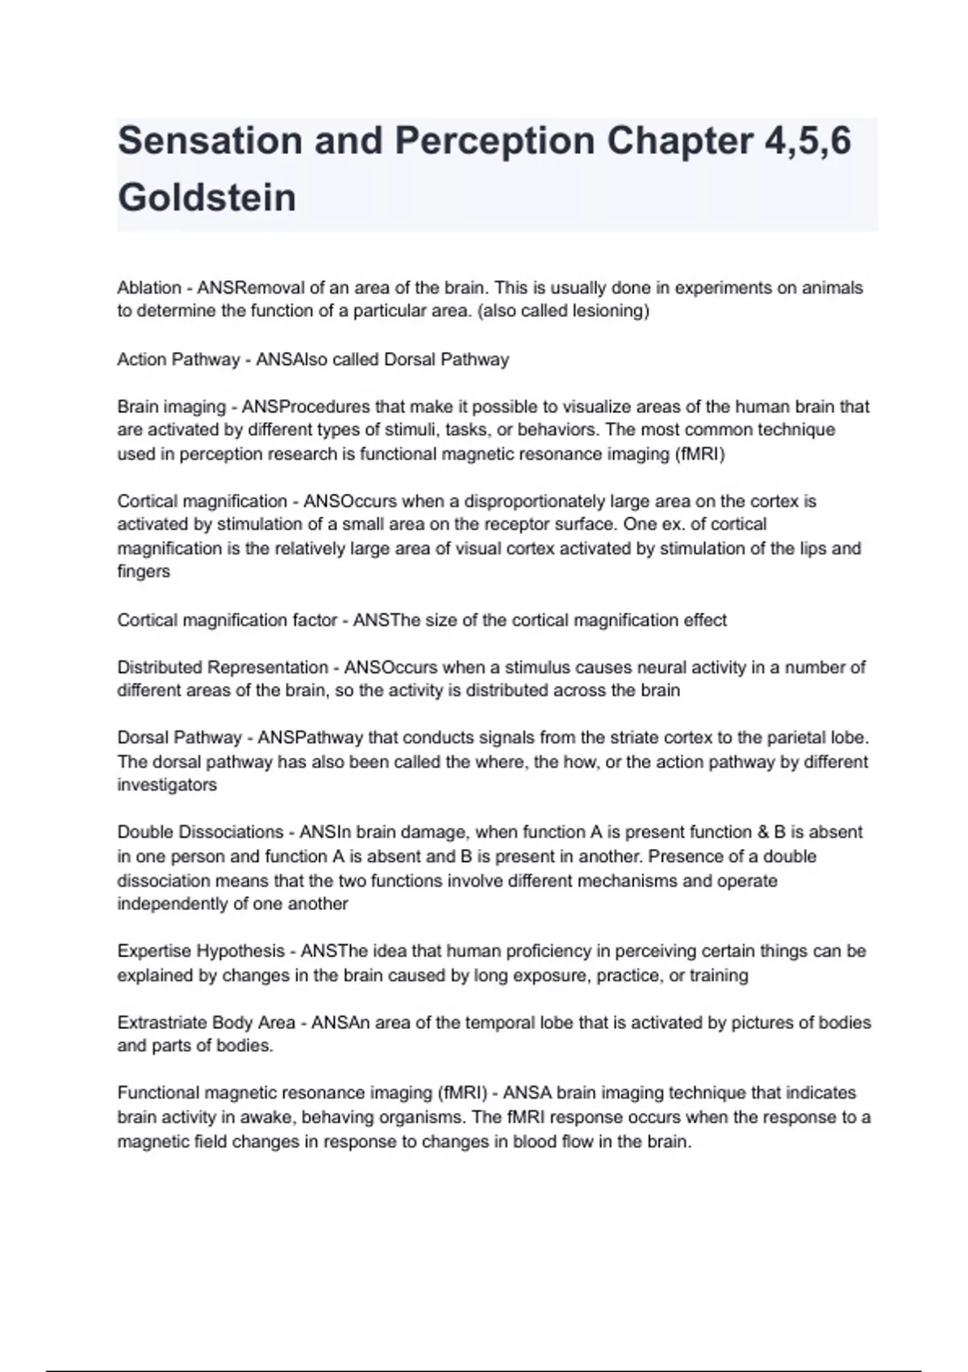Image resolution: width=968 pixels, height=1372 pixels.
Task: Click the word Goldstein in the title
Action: click(x=207, y=198)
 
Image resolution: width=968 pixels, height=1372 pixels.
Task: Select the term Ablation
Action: click(x=149, y=288)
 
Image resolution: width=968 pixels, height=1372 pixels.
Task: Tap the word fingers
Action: click(x=144, y=571)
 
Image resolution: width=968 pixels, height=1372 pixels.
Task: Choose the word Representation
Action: click(x=268, y=667)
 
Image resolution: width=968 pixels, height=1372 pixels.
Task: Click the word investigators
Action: click(x=167, y=784)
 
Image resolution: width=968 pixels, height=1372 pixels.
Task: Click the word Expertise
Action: click(x=156, y=952)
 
